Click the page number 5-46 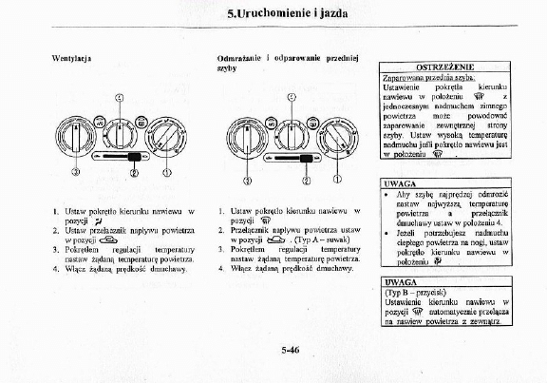[290, 350]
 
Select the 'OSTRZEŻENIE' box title [438, 66]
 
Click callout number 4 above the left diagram [119, 98]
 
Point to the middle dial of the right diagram [291, 129]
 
